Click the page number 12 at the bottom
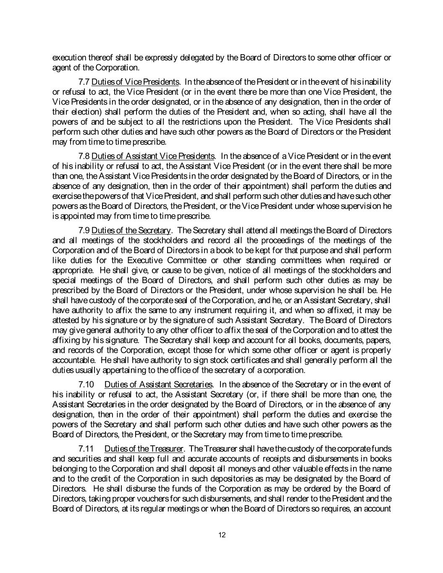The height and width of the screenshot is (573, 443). click(x=222, y=535)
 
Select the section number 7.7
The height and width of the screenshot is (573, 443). click(x=84, y=81)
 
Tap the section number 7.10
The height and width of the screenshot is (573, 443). click(x=87, y=384)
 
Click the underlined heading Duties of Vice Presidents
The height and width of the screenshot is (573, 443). click(x=136, y=81)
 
